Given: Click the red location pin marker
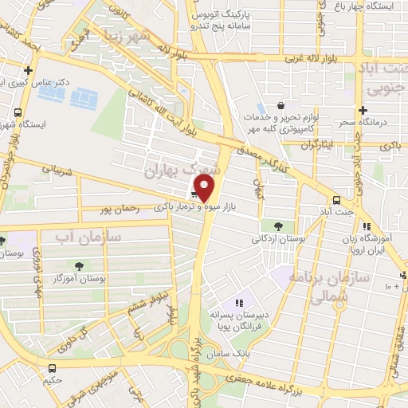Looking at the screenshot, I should coord(206,188).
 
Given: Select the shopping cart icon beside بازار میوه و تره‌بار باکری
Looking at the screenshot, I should coord(194,191).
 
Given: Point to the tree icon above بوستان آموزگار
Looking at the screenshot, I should coord(78,266).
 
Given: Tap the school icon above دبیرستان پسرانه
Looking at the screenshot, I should coord(238,303).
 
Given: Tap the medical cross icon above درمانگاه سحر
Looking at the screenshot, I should coord(363,110).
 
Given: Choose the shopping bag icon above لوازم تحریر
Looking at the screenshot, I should coord(280,105).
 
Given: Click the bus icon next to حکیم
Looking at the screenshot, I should coord(52,368).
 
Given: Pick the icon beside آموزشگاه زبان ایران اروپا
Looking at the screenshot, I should coord(365,226).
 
